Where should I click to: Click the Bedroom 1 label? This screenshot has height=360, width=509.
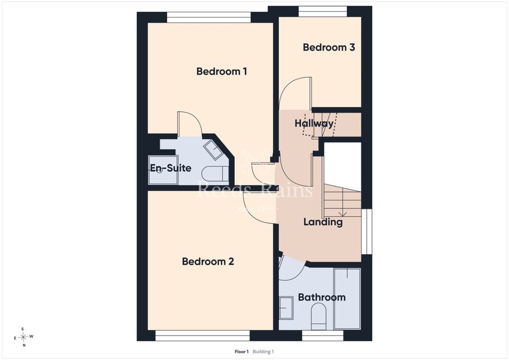tap(222, 71)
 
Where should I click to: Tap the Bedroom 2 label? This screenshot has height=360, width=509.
tap(208, 261)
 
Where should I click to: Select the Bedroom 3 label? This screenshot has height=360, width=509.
tap(329, 47)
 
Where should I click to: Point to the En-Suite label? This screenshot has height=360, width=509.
tap(171, 168)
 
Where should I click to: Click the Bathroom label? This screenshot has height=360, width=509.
tap(322, 298)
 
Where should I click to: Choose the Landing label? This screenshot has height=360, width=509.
tap(323, 222)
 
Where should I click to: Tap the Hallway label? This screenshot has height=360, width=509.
tap(314, 124)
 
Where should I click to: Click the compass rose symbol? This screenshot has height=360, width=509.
tap(24, 337)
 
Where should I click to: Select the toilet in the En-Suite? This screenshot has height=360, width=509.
tap(215, 174)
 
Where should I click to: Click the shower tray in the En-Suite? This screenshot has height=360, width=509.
tap(163, 170)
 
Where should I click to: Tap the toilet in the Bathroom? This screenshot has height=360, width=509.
tap(318, 317)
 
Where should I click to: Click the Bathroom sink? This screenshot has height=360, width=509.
tap(287, 308)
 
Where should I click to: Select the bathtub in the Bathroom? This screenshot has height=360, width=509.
tap(347, 299)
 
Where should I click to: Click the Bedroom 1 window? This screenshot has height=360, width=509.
tap(209, 17)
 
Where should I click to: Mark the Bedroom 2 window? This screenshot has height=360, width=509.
tap(202, 335)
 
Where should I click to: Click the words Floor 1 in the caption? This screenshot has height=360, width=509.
tap(241, 352)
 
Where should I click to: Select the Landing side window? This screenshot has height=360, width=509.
tap(367, 231)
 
